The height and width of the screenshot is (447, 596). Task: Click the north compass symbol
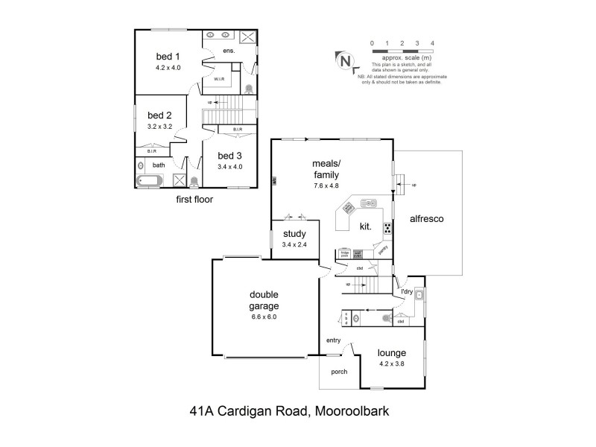pyautogui.click(x=345, y=61)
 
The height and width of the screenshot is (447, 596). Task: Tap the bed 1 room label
pyautogui.click(x=168, y=56)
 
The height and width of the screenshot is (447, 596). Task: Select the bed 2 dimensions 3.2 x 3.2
pyautogui.click(x=159, y=127)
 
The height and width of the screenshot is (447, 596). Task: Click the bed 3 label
pyautogui.click(x=229, y=155)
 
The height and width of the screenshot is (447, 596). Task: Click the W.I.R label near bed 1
pyautogui.click(x=220, y=78)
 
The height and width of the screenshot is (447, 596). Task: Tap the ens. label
pyautogui.click(x=229, y=51)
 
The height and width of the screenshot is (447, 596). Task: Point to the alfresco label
pyautogui.click(x=428, y=220)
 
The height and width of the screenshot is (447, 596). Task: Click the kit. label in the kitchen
pyautogui.click(x=366, y=225)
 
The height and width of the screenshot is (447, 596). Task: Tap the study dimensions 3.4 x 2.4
pyautogui.click(x=294, y=245)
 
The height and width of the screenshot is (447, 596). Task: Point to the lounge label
pyautogui.click(x=391, y=353)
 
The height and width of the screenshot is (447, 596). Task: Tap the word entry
pyautogui.click(x=333, y=340)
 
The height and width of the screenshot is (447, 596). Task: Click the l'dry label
pyautogui.click(x=407, y=291)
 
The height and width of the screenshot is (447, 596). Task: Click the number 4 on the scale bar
pyautogui.click(x=433, y=44)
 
